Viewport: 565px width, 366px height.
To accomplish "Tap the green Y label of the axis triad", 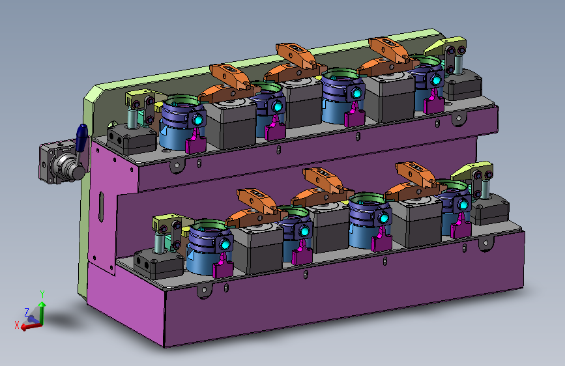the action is pos(42,294).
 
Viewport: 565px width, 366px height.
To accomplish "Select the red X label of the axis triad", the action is pos(16,325).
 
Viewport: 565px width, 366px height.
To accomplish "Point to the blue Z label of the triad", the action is pos(27,313).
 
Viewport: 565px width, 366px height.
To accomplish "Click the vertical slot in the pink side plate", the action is pos(102,207).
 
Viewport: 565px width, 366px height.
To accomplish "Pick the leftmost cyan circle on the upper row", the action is pos(197,120).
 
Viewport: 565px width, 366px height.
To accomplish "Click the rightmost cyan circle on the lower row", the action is pos(464,205).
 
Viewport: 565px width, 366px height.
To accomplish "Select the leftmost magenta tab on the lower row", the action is pos(223,266).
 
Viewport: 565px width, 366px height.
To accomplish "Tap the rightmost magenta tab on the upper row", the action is pos(433,102).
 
